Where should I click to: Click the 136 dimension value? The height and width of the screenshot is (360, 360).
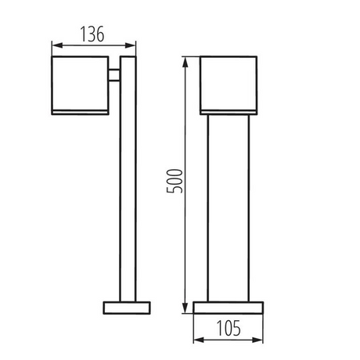pos(92,34)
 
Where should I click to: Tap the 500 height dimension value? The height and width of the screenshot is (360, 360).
pos(175,181)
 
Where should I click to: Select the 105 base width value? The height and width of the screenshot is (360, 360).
pos(229,329)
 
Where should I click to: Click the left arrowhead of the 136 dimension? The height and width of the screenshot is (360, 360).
pos(57,45)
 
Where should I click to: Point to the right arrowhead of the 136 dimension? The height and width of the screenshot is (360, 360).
pos(131,45)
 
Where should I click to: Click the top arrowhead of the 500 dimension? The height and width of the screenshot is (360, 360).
pos(185,63)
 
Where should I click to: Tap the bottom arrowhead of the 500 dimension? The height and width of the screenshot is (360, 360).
pos(185,308)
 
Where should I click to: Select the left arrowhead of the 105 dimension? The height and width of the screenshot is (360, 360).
pos(199,340)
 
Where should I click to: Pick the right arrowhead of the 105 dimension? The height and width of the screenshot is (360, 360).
pos(257,340)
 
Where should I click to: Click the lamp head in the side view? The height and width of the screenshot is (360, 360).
pos(80,85)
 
